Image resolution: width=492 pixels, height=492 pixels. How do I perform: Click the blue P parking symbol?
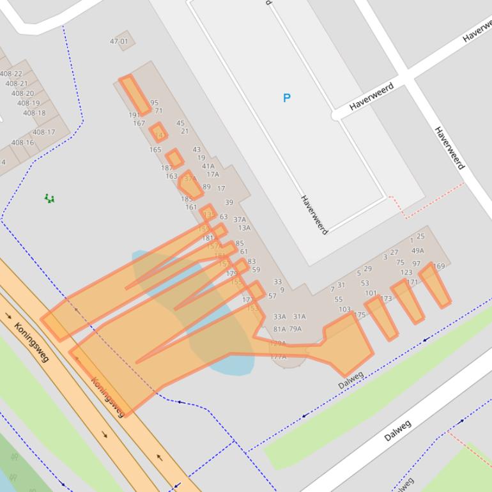pos(286,98)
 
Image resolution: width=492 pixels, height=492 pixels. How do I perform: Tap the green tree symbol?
pos(49,199)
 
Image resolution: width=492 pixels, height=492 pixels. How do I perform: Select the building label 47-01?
pos(119,42)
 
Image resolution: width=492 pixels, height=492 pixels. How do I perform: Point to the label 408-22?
pos(11,74)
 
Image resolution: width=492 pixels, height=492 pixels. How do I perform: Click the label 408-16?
pos(22,142)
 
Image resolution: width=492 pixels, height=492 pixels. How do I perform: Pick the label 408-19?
pos(28,103)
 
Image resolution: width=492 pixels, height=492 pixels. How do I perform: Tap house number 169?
pos(439,266)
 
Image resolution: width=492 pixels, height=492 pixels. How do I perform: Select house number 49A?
pos(417,250)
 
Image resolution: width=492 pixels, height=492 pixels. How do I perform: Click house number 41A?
pos(208,166)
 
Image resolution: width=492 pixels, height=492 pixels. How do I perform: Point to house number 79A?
pos(295,329)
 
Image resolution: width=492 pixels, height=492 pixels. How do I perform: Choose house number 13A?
pos(244,227)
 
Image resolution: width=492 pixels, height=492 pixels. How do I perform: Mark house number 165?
pos(155,150)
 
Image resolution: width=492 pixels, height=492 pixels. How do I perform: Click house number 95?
pos(154,103)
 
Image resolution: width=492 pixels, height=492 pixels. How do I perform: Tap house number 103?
pos(344,309)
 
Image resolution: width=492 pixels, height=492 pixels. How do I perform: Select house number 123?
pos(406,272)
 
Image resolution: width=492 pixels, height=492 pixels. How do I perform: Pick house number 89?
pos(206,187)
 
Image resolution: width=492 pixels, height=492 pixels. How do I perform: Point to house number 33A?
pos(280,316)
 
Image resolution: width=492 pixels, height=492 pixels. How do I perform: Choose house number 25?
pos(420,236)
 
